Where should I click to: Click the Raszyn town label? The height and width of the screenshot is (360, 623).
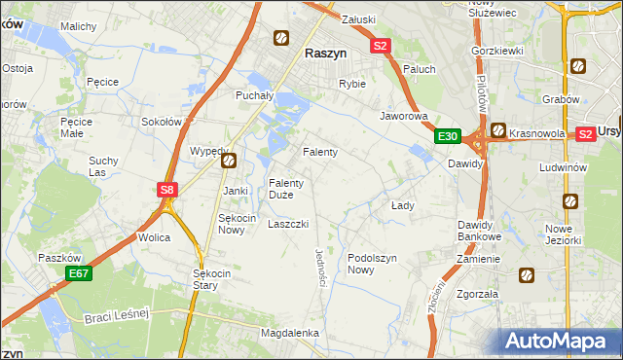click(328, 55)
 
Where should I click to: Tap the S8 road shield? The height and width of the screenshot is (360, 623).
click(167, 191)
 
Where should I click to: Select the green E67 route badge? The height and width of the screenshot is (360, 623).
click(79, 275)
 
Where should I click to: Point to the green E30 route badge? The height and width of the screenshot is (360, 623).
click(447, 136)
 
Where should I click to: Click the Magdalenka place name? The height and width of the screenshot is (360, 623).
click(290, 333)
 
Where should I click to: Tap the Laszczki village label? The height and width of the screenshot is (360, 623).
click(288, 224)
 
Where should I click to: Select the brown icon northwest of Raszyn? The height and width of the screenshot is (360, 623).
click(280, 38)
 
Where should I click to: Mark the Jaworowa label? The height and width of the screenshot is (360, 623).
click(405, 115)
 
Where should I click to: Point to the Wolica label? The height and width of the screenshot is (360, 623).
click(154, 237)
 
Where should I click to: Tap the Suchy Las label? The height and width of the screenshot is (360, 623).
click(103, 165)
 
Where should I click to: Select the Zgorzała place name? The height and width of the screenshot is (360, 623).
click(477, 293)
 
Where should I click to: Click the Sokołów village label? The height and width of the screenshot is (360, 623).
click(163, 123)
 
